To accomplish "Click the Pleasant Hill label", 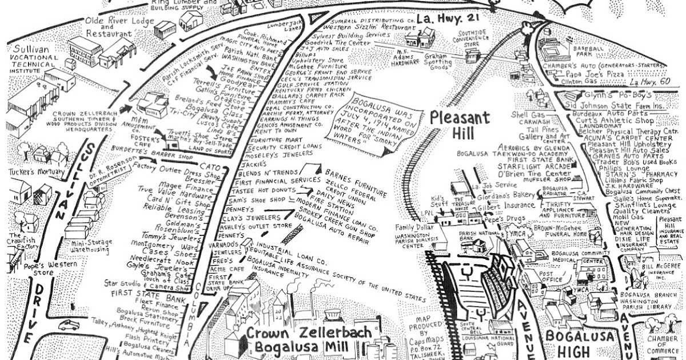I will (460, 126).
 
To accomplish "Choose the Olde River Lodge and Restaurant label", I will (119, 27).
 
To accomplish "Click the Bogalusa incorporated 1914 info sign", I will (376, 122).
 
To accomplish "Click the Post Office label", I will (549, 277).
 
